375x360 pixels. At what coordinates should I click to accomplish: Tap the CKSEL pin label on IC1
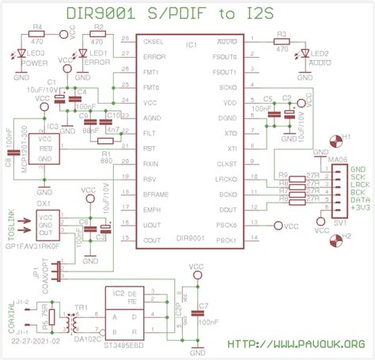click(x=153, y=40)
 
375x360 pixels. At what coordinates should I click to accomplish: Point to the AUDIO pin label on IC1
click(x=225, y=40)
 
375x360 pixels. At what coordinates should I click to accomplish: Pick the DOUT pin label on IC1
click(x=228, y=209)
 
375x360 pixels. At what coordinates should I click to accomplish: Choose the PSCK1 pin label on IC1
click(x=226, y=240)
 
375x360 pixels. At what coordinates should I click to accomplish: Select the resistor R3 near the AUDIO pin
click(x=282, y=39)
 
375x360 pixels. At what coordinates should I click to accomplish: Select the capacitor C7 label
click(x=204, y=305)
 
